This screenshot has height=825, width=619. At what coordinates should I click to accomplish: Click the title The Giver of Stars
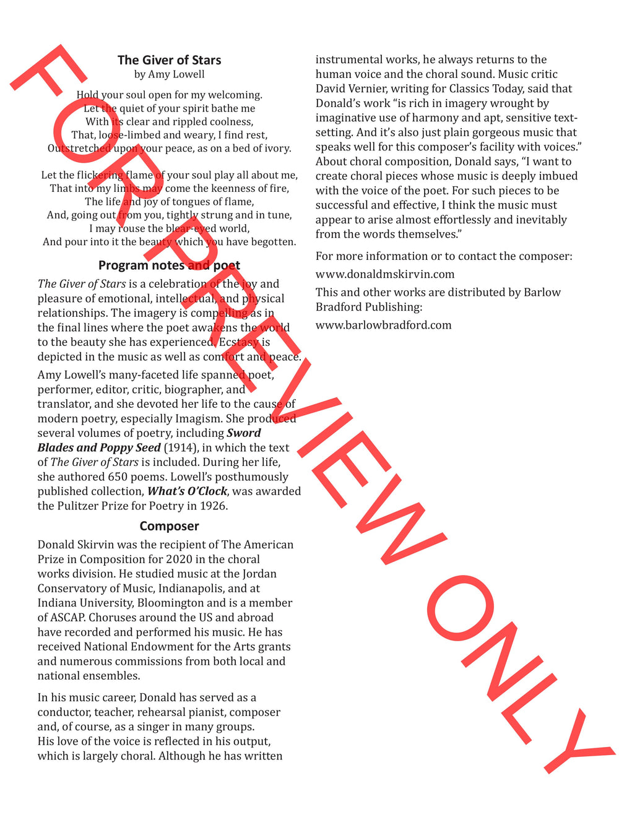[169, 60]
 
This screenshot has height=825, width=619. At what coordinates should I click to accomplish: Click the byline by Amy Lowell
[169, 74]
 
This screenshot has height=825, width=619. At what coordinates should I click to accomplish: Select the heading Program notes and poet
[169, 266]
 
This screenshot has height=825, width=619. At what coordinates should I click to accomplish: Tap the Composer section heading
[169, 526]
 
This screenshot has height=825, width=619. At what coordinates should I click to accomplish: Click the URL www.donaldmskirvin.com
[385, 274]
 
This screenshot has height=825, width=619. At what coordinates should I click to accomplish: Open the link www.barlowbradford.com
[384, 325]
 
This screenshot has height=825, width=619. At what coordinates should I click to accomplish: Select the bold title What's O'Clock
[187, 491]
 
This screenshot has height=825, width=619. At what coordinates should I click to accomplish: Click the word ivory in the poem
[276, 149]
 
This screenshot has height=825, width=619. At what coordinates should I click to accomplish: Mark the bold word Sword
[244, 433]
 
